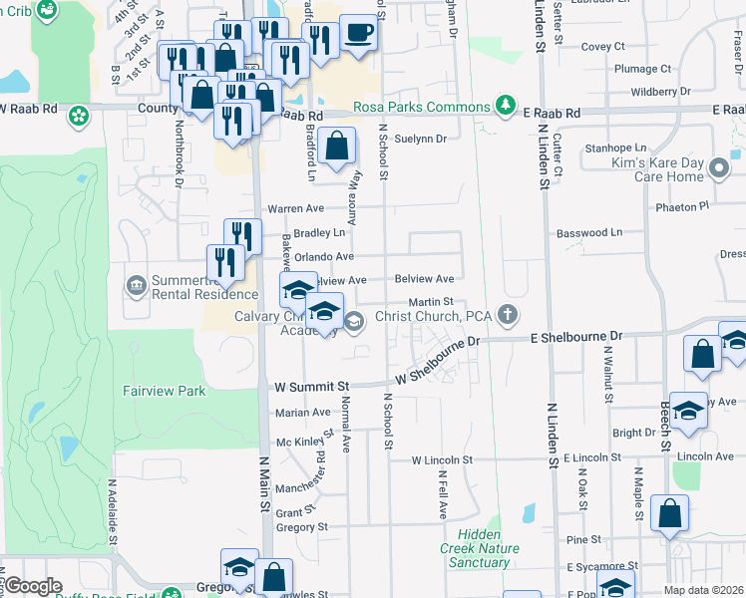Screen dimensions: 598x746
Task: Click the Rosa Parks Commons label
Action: click(x=422, y=107)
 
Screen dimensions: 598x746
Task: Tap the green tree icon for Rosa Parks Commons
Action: click(x=507, y=107)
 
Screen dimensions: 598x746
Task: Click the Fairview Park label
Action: click(x=165, y=391)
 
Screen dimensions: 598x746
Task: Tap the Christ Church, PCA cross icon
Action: click(x=508, y=316)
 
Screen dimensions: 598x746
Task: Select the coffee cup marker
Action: click(x=358, y=33)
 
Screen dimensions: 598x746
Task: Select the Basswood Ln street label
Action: click(x=587, y=232)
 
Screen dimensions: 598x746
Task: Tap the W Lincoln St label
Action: click(x=441, y=460)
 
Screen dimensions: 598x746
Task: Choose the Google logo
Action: click(x=33, y=586)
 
